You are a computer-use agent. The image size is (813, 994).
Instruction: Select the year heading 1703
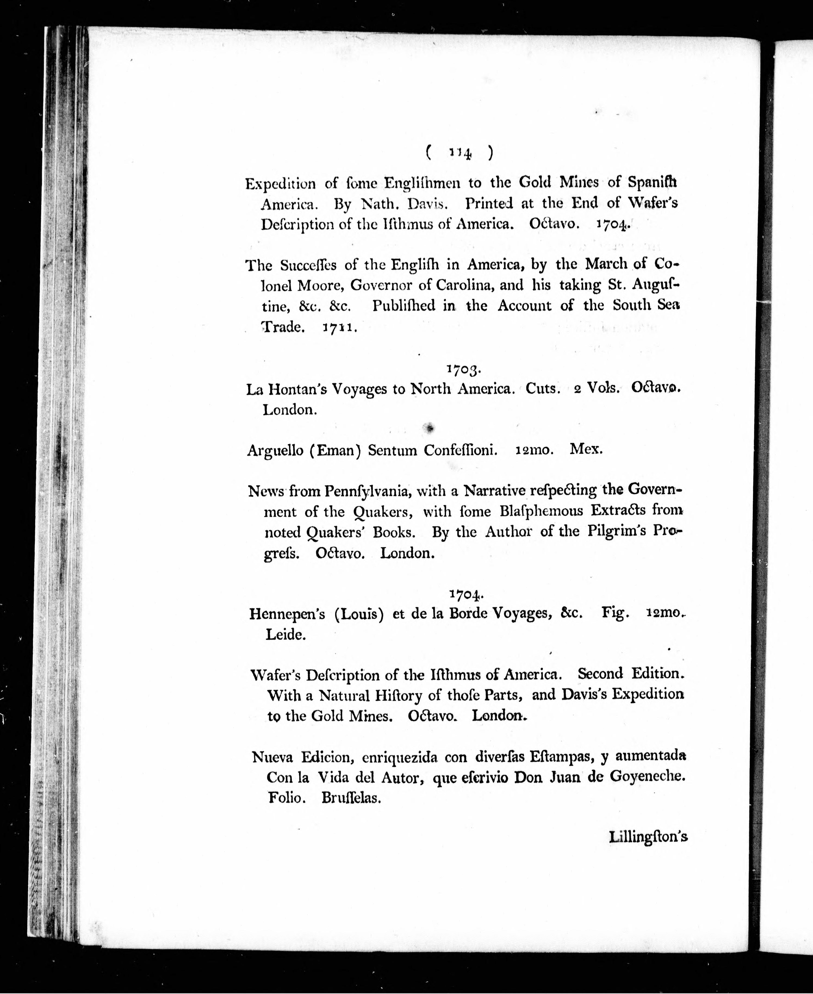(463, 369)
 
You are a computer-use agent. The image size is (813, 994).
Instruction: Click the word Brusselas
(351, 798)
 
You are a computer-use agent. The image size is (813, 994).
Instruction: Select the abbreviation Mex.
(586, 449)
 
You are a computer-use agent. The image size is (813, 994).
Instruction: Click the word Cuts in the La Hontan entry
(543, 388)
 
